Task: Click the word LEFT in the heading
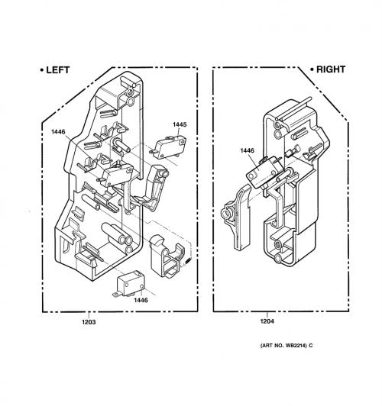coord(58,70)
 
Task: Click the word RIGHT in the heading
coord(331,69)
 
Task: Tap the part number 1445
coord(180,124)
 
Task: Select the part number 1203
coord(89,322)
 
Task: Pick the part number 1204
coord(267,321)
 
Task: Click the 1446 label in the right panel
coord(248,150)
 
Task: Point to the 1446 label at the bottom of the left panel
coord(141,300)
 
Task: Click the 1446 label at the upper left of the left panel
coord(58,132)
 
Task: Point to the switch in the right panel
coord(264,172)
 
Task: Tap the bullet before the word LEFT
coord(42,70)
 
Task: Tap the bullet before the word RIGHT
coord(312,69)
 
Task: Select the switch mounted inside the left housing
coord(116,175)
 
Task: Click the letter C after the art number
coord(311,346)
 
